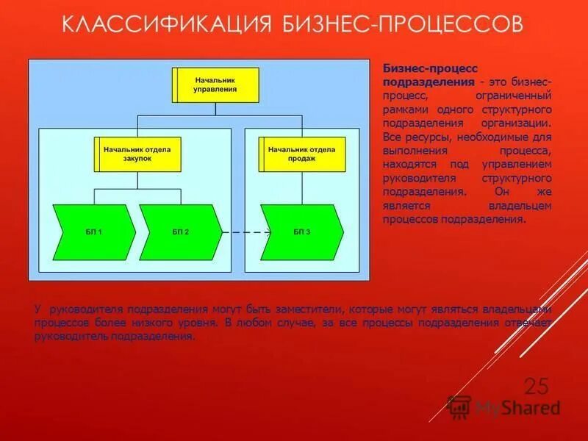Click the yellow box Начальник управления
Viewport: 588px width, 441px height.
pos(215,85)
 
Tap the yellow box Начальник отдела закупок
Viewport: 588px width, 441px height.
pos(137,154)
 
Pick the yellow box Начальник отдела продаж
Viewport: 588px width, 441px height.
pos(302,154)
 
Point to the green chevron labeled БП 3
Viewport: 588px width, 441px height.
pos(302,232)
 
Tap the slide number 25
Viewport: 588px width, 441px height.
pos(537,385)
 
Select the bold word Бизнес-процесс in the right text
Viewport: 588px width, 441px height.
pos(420,68)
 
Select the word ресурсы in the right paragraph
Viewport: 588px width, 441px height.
pos(422,137)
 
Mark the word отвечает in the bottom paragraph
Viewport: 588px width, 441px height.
pos(528,322)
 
